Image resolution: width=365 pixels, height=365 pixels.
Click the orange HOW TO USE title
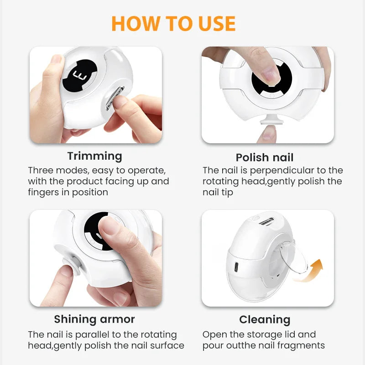click(173, 24)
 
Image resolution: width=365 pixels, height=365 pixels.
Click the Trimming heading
click(95, 156)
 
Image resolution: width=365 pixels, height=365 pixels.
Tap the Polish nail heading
click(265, 158)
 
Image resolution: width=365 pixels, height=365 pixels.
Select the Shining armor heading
click(94, 319)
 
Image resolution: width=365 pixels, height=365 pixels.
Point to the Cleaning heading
click(265, 319)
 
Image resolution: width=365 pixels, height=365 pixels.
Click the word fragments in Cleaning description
click(303, 345)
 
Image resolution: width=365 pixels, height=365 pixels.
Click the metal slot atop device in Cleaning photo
click(266, 221)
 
